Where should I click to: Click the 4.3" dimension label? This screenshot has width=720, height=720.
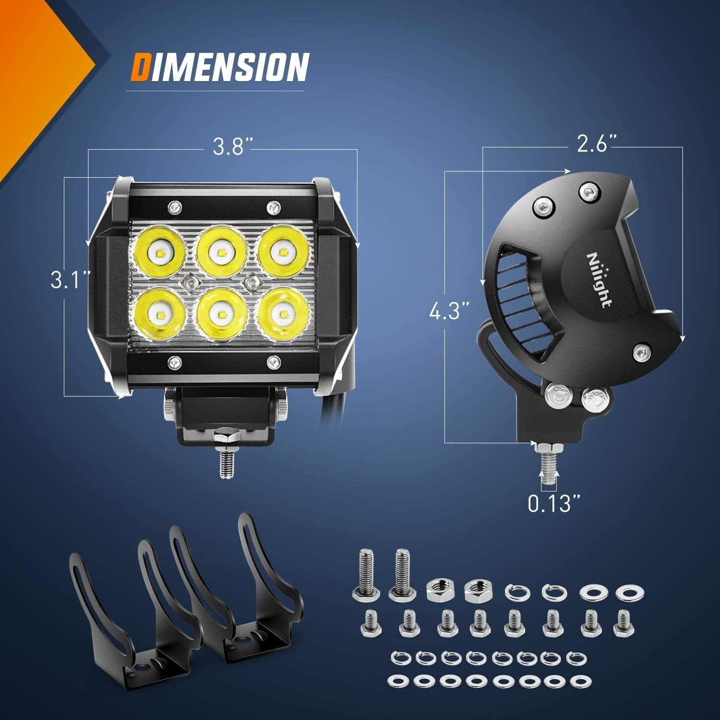click(x=449, y=312)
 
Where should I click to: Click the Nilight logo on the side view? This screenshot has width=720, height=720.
click(x=598, y=280)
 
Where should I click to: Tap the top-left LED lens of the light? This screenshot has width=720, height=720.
click(x=157, y=252)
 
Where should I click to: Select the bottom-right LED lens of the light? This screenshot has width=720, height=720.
click(x=281, y=315)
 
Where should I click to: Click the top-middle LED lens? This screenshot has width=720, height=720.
click(x=220, y=252)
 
